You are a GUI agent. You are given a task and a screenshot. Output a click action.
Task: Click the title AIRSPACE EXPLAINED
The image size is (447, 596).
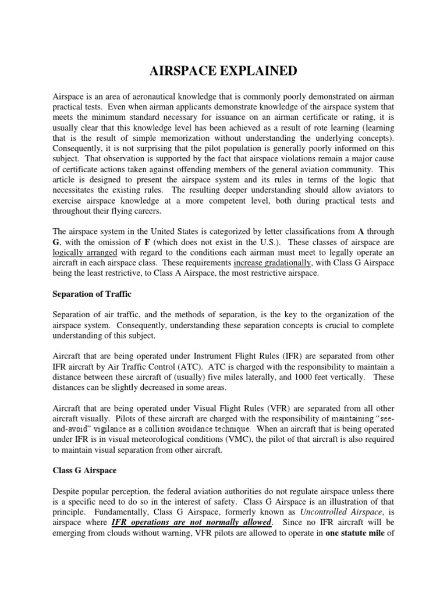pyautogui.click(x=223, y=71)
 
